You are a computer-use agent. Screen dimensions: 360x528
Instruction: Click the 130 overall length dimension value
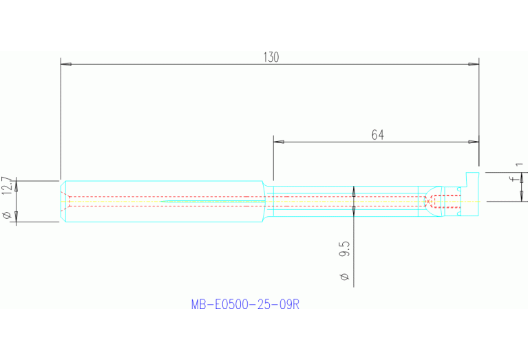(x=271, y=57)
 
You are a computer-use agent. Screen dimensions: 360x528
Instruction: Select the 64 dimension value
(x=377, y=135)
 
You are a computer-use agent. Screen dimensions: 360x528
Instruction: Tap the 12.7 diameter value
(x=7, y=187)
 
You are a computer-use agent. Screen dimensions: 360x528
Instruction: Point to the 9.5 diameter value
(x=346, y=248)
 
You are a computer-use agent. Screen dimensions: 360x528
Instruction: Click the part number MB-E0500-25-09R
(x=245, y=304)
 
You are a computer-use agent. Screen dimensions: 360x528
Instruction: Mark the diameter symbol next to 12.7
(x=7, y=216)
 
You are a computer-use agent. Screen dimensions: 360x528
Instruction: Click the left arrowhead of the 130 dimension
(x=66, y=64)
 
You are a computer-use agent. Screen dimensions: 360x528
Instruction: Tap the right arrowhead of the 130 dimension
(x=474, y=64)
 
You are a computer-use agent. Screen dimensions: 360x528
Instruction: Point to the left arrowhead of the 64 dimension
(x=279, y=142)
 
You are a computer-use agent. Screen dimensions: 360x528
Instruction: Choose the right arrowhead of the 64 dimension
(x=474, y=142)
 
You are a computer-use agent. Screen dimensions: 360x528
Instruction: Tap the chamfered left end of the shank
(x=63, y=201)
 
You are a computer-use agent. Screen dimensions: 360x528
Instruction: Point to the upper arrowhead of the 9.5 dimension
(x=353, y=191)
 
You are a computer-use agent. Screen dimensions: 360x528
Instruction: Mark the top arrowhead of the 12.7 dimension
(x=17, y=183)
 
